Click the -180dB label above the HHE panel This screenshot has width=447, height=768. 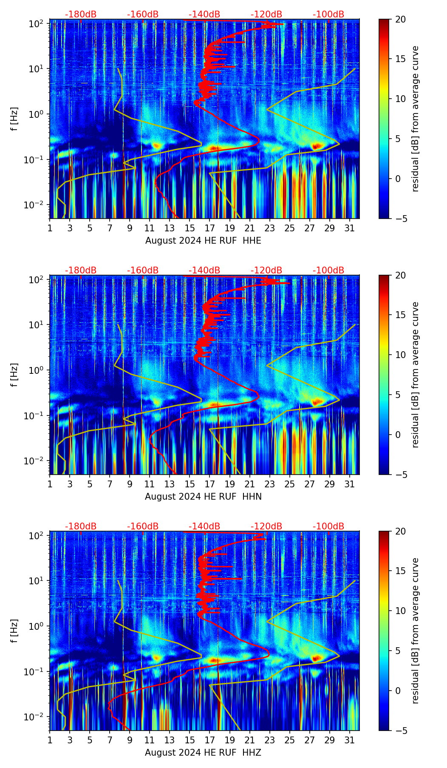click(x=81, y=14)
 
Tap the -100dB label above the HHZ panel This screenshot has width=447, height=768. click(x=328, y=526)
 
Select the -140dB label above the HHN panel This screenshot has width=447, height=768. click(x=204, y=270)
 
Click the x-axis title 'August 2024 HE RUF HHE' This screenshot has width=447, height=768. click(x=203, y=241)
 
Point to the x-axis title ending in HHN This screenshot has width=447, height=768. click(x=203, y=497)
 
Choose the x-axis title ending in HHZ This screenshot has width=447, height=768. click(x=203, y=753)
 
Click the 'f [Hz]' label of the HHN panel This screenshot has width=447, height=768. click(x=14, y=375)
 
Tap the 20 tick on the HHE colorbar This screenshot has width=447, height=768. click(x=400, y=19)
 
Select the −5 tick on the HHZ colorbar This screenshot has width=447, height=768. click(x=400, y=730)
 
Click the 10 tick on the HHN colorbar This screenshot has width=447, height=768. click(x=400, y=355)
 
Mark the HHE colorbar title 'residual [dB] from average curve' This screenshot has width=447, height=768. click(x=415, y=119)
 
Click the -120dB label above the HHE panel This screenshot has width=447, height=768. click(x=266, y=14)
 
